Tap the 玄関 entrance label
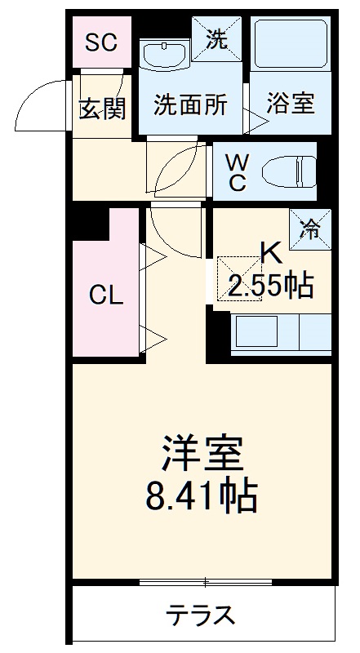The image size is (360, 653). (x=102, y=108)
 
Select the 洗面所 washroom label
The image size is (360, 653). (x=191, y=106)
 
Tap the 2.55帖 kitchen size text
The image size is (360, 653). (x=269, y=285)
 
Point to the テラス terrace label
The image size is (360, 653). (x=202, y=614)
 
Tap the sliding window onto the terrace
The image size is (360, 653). (x=204, y=582)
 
